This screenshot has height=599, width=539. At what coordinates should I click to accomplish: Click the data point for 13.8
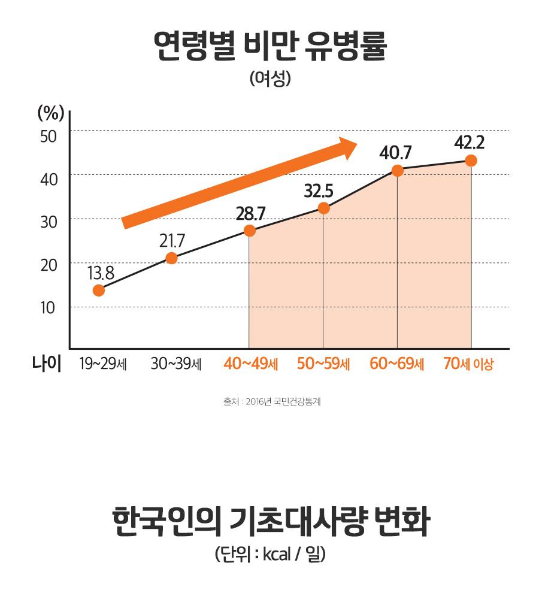(x=99, y=291)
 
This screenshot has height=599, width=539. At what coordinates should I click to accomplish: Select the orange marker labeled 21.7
(x=171, y=258)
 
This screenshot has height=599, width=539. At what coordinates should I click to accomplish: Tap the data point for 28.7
(x=250, y=231)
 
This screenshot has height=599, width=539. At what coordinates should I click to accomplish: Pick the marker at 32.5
(x=323, y=208)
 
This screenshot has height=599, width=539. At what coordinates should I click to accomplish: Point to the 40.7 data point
(x=397, y=170)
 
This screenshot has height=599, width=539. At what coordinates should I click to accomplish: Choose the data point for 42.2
(x=471, y=161)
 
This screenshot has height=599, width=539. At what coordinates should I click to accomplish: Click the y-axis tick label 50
(x=49, y=135)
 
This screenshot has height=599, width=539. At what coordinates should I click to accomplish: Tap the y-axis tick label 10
(x=49, y=308)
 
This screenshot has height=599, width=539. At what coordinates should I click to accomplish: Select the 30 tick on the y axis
(x=49, y=222)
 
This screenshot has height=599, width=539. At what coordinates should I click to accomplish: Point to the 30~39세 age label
(x=175, y=364)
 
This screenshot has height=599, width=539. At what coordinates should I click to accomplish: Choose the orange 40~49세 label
(x=250, y=364)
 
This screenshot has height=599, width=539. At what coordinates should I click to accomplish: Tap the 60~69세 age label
(x=396, y=364)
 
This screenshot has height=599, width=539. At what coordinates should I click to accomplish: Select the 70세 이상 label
(x=468, y=364)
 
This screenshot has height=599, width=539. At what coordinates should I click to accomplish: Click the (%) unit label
(x=51, y=113)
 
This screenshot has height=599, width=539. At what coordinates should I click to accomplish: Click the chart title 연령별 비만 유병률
(x=269, y=49)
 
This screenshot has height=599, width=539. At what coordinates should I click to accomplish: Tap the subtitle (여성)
(x=269, y=80)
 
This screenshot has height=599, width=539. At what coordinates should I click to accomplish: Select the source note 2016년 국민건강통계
(x=272, y=403)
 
